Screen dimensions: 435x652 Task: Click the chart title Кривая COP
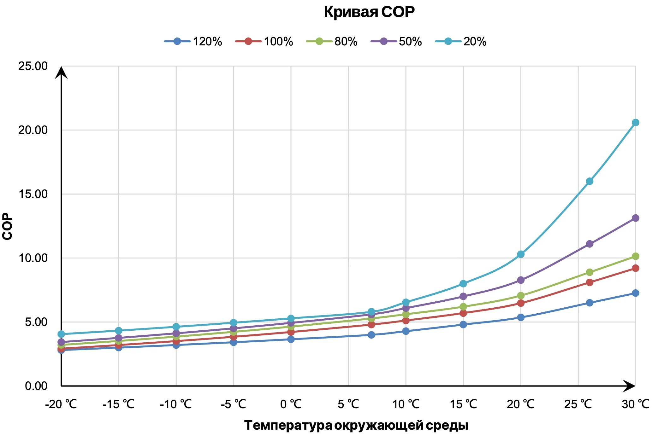369,12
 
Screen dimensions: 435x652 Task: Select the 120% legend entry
193,41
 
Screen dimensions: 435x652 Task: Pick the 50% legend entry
396,41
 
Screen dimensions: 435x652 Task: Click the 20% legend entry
461,41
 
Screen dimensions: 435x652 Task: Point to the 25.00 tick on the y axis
33,66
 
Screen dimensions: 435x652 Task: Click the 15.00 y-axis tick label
33,194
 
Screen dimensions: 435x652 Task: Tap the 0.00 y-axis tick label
36,386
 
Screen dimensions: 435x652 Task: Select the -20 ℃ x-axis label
61,404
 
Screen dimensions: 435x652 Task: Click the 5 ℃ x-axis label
348,404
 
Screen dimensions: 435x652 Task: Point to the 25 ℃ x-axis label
578,404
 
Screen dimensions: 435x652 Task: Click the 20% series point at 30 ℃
635,122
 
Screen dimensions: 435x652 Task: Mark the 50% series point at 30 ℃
635,218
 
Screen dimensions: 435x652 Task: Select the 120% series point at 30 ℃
635,293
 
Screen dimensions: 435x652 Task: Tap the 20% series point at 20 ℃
521,254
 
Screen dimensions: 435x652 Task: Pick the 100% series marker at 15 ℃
463,313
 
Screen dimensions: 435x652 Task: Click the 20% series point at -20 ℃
61,334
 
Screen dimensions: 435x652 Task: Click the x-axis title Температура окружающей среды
356,425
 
